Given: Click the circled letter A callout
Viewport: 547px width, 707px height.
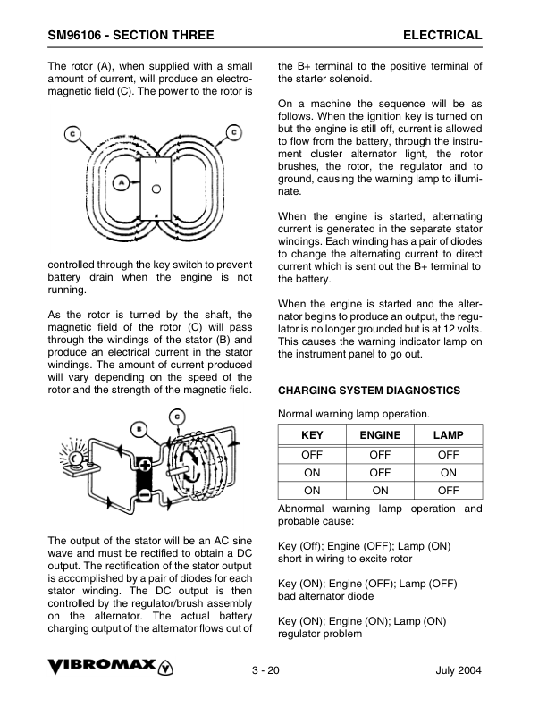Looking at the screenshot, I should pos(121,181).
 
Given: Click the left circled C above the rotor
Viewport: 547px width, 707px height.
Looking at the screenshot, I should pos(72,135).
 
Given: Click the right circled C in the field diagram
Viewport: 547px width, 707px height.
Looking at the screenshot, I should pos(234,132).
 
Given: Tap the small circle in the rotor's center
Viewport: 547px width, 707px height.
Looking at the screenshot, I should pos(156,189).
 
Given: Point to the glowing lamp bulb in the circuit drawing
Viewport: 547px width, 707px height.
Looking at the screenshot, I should pos(72,459).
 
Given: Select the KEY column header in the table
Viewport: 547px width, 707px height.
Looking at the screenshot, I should pos(312,435).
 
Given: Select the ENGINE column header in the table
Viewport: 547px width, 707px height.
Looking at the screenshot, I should pos(380,435).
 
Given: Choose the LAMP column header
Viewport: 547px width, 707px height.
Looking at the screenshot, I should pos(448,435).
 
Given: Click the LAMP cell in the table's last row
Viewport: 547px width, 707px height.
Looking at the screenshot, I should pos(448,491).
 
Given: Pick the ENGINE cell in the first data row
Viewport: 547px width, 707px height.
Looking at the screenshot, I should pos(380,454).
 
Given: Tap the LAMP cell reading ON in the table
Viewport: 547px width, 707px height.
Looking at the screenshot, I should pos(448,472).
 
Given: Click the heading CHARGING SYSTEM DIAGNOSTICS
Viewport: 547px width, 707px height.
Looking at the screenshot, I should pos(369,391).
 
